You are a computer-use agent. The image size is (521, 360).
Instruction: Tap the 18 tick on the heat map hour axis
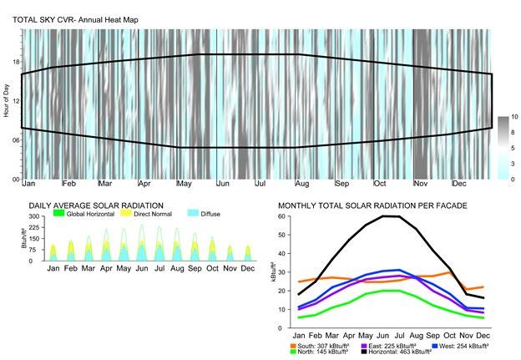(14, 61)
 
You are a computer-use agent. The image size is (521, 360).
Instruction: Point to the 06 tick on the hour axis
(14, 139)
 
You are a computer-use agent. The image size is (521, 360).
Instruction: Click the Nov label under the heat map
(421, 183)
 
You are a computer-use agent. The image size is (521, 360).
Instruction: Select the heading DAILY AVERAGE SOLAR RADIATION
(96, 205)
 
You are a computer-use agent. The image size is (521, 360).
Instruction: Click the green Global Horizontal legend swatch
(59, 214)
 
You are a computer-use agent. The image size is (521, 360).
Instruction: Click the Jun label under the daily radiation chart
(141, 268)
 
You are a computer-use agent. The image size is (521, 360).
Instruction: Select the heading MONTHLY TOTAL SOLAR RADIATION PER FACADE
(372, 205)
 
